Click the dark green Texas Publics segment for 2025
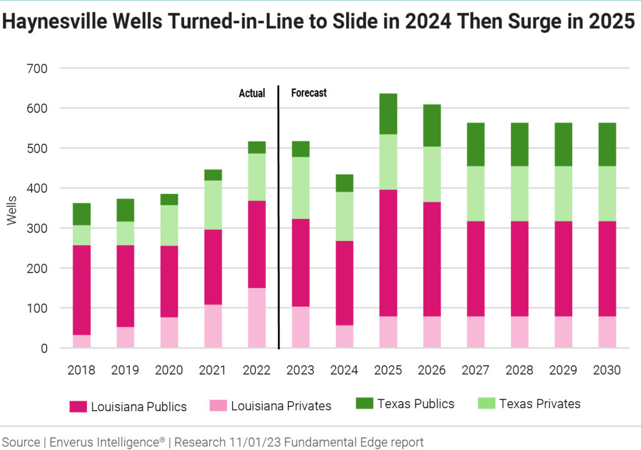(x=388, y=114)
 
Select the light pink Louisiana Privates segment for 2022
(x=257, y=317)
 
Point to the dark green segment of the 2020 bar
(x=169, y=199)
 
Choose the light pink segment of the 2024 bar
(x=344, y=336)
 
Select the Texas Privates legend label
(x=540, y=404)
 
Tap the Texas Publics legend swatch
(x=364, y=404)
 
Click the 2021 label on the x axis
(x=213, y=370)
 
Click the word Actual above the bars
(x=252, y=93)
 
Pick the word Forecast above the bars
(x=309, y=93)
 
